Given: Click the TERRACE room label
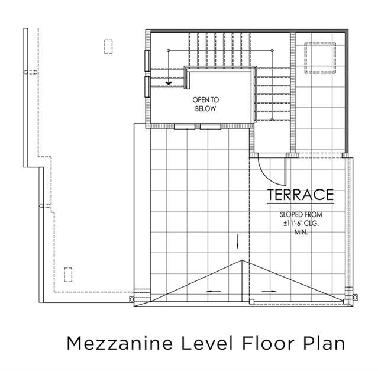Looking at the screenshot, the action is click(301, 195).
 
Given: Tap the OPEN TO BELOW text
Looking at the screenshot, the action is click(206, 104).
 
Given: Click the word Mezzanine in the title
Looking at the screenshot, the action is click(120, 343).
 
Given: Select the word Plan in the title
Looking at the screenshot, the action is click(324, 343).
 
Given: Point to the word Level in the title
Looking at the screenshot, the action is click(207, 343).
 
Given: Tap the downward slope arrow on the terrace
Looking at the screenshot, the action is click(237, 241).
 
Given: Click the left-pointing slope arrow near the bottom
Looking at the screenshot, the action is click(214, 291).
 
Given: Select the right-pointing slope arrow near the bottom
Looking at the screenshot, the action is click(269, 291).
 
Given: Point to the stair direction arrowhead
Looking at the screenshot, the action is click(169, 83).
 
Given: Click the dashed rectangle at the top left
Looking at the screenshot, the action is click(108, 47).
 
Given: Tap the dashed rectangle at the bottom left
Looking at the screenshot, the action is click(68, 275).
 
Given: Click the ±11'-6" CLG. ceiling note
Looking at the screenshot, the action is click(301, 224).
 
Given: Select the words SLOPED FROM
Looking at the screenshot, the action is click(301, 215).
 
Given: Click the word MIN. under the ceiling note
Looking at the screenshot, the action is click(301, 233).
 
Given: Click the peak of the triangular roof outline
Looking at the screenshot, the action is click(242, 260).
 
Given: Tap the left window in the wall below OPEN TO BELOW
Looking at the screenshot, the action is click(185, 127).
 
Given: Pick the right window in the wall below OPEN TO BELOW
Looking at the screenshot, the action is click(211, 127).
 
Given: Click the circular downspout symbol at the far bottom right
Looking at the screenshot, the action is click(355, 297).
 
